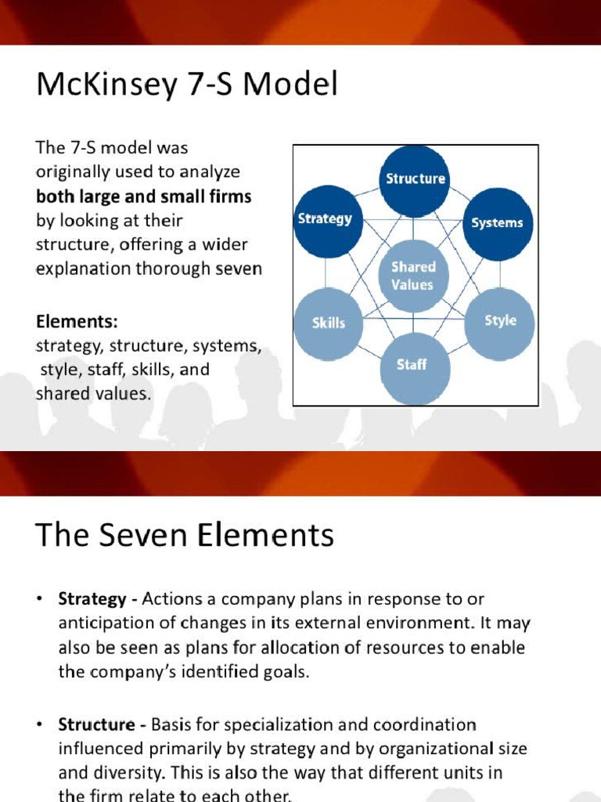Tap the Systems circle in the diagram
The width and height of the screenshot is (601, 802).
tap(497, 223)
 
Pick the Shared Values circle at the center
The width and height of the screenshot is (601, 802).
tap(412, 276)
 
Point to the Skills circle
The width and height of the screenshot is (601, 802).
tap(328, 323)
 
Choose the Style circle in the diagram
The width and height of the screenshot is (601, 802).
tap(500, 321)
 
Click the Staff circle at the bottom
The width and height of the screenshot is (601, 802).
tap(412, 366)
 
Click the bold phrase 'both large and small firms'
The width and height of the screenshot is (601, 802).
tap(144, 196)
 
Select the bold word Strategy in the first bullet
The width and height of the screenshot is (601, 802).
tap(92, 599)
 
